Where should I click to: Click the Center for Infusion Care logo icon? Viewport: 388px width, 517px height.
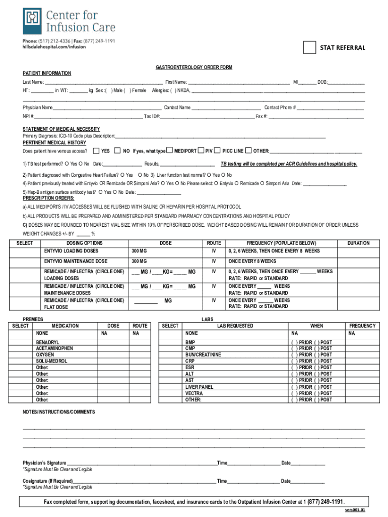(32, 21)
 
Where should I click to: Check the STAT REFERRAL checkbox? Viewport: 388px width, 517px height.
(309, 47)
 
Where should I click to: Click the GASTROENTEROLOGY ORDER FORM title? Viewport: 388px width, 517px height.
(194, 67)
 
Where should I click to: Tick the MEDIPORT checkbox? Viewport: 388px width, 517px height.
(170, 150)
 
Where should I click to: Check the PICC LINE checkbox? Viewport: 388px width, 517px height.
(217, 150)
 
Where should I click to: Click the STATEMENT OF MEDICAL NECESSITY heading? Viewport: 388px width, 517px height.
(61, 129)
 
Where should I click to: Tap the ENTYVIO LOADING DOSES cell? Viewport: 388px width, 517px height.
(71, 251)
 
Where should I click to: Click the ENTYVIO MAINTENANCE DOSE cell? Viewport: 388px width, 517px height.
(76, 261)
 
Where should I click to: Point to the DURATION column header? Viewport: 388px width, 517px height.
(358, 243)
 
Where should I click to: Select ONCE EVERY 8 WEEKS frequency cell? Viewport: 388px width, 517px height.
(252, 261)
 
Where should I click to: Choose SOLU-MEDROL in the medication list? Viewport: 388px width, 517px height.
(51, 361)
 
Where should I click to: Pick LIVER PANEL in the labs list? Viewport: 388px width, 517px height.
(199, 387)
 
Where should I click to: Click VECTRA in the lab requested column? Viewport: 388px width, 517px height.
(194, 393)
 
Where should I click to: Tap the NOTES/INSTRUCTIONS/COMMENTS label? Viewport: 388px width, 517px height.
(58, 412)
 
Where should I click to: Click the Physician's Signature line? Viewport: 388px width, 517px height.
(141, 463)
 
